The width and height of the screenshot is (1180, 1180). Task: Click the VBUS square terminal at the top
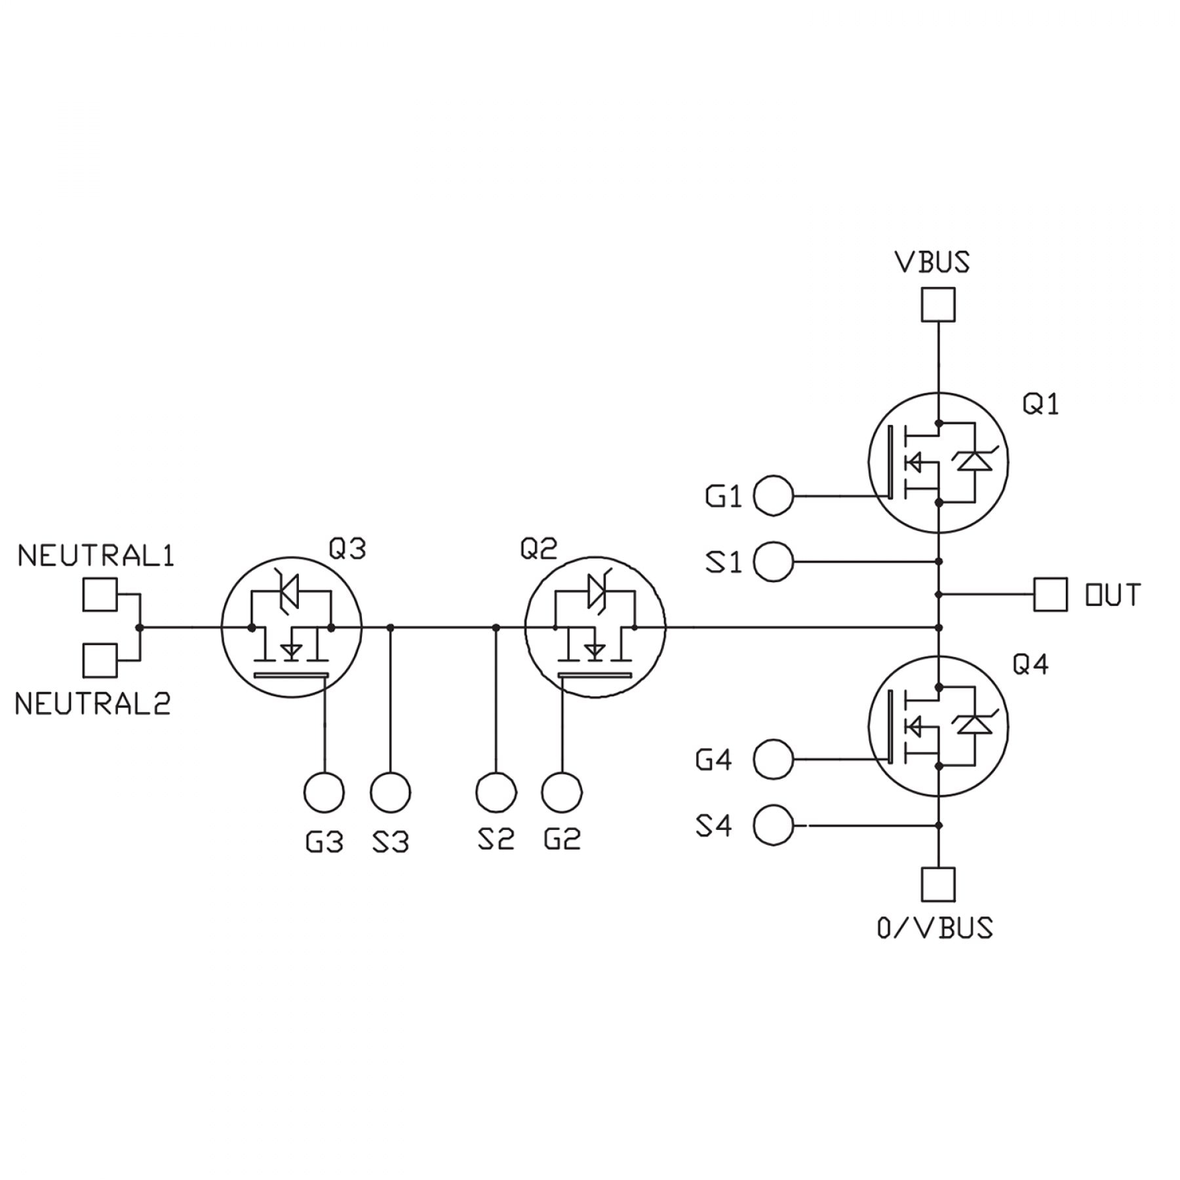pos(937,305)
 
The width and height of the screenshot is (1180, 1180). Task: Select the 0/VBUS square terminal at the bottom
pos(937,884)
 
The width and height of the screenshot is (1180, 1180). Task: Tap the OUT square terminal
pos(1050,595)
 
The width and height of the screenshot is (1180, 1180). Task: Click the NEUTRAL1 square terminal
pos(100,595)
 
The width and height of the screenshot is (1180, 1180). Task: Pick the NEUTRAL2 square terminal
pos(100,660)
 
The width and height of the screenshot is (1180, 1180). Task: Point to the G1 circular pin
pos(774,496)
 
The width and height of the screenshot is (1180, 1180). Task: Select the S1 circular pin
pos(774,562)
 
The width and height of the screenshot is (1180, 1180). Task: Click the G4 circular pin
pos(774,759)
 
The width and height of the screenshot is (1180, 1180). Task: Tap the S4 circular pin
pos(774,825)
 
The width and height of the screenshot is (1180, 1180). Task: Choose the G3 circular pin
pos(324,793)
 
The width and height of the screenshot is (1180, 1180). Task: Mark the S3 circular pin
pos(390,793)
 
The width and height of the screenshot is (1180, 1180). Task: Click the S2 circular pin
pos(496,793)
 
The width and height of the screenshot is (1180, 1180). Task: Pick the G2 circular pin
pos(562,793)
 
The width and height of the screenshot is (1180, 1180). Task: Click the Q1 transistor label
pos(1040,404)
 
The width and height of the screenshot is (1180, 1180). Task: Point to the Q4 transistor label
pos(1031,665)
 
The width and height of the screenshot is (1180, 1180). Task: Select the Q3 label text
pos(347,548)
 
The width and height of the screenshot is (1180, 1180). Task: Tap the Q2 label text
pos(538,548)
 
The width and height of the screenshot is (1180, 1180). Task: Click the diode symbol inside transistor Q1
pos(974,462)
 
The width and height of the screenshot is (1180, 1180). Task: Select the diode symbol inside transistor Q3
pos(289,591)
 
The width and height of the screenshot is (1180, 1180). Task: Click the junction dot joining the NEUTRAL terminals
pos(139,627)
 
